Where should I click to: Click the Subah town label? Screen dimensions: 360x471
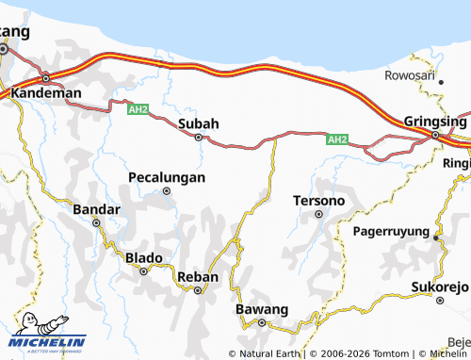[198, 123]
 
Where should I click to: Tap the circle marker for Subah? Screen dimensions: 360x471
[199, 138]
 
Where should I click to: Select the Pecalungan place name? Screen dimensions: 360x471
[167, 176]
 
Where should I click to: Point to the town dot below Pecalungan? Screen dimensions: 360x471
[167, 190]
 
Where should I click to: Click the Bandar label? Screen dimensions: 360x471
[96, 208]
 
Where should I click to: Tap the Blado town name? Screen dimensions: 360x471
[144, 257]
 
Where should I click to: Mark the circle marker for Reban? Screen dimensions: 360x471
[198, 290]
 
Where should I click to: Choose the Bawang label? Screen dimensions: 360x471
[261, 309]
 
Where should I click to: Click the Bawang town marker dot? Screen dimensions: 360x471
[262, 323]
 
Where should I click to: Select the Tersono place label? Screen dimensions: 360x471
[318, 201]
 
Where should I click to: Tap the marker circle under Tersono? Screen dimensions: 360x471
[318, 214]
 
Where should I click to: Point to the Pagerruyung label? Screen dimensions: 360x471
[391, 230]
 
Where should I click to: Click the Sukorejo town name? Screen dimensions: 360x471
[439, 286]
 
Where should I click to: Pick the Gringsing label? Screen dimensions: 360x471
[434, 122]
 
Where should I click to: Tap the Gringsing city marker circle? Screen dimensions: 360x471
[435, 136]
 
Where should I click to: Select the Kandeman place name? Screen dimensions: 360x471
[46, 94]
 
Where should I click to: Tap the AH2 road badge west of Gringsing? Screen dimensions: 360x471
[337, 139]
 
